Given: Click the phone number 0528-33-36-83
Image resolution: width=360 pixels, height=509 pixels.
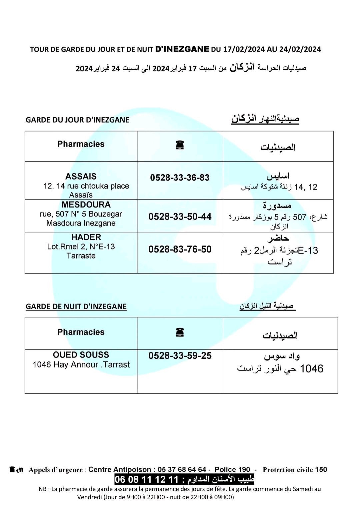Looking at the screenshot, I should [180, 178].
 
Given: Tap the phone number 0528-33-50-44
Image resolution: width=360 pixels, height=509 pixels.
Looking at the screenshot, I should [180, 217].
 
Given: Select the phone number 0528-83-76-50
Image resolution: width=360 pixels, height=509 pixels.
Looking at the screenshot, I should [180, 250].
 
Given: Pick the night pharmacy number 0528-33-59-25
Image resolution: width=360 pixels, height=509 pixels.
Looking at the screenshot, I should [180, 356].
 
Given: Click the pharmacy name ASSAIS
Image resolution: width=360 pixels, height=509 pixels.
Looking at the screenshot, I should [81, 177].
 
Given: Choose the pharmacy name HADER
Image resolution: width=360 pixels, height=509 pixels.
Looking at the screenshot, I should [86, 237].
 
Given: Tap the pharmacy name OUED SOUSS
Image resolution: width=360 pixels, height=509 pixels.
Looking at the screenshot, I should [81, 355].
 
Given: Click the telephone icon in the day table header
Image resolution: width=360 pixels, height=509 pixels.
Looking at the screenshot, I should [180, 145].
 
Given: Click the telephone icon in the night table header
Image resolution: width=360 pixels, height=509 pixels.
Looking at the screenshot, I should [180, 332].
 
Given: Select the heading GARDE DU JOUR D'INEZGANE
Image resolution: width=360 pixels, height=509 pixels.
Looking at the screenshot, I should [77, 120].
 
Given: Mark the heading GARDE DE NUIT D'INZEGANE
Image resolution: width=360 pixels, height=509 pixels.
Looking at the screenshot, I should [76, 306].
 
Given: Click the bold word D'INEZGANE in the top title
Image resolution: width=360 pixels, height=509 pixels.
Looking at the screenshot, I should [182, 49].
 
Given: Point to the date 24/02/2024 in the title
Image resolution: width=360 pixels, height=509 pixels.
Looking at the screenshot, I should [300, 49].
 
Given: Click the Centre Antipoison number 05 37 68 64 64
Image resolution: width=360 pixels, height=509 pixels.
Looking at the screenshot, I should [182, 470].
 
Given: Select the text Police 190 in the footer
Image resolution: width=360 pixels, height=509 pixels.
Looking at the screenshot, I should [232, 470].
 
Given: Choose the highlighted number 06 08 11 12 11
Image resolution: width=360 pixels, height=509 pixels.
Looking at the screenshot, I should [147, 480].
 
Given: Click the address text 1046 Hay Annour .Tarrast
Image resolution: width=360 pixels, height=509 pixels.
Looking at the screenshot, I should [81, 365].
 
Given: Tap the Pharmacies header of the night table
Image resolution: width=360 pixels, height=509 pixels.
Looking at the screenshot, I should [81, 332].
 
